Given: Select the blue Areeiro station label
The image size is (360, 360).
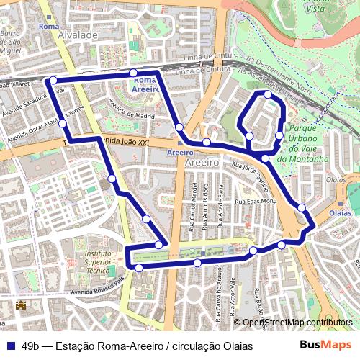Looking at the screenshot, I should coord(179,153).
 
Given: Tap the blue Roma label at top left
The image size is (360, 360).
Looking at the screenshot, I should coord(49,27).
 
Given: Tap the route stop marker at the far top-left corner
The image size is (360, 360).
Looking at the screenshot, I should coord(53,81).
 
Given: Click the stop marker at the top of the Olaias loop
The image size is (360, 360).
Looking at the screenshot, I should coord(268,95).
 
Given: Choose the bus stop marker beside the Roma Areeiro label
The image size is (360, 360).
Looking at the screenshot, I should coord(133,73).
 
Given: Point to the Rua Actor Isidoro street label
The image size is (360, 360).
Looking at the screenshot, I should coord(205,210).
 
